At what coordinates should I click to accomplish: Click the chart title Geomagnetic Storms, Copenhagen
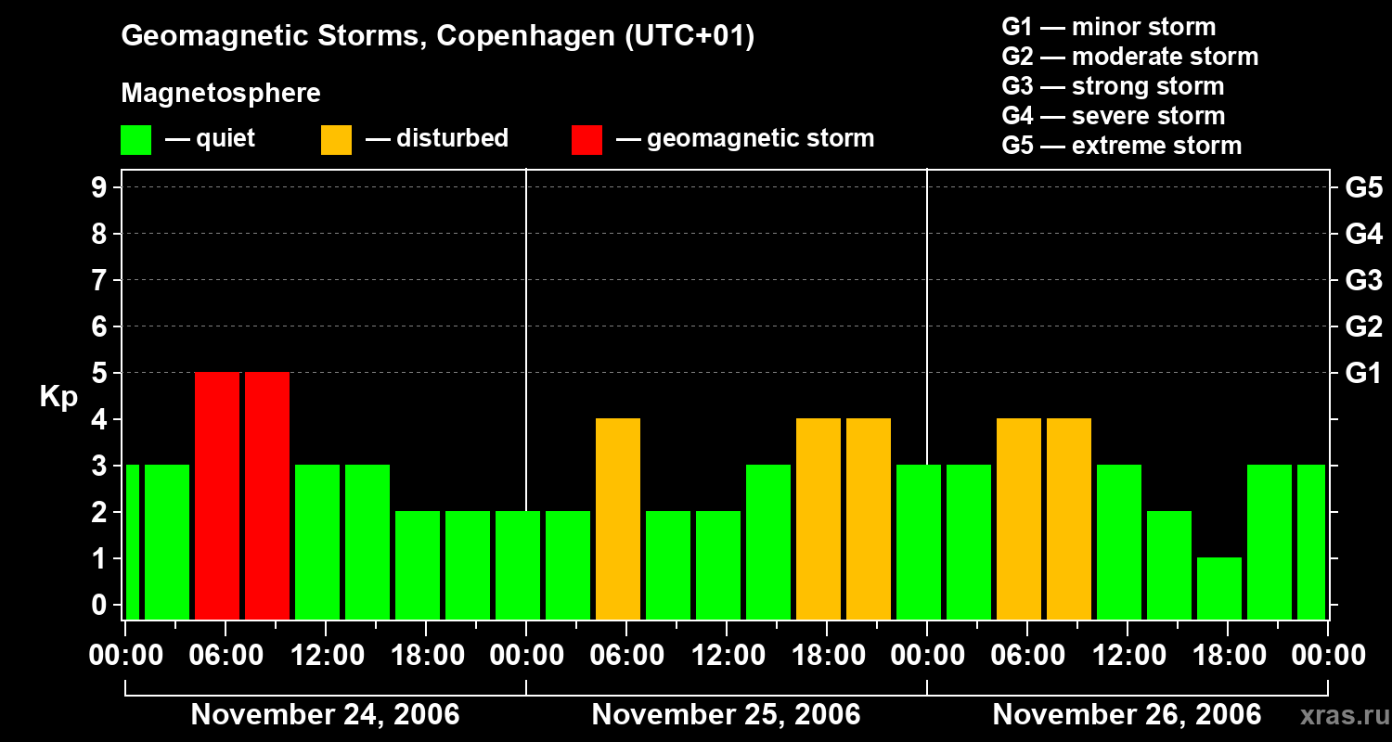pos(437,36)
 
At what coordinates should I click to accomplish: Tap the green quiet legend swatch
pos(135,139)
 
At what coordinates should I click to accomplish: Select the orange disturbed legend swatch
pos(336,139)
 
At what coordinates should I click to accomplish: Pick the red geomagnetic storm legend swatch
pos(586,139)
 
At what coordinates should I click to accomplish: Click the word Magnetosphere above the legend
pos(221,94)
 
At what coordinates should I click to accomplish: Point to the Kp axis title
pos(58,397)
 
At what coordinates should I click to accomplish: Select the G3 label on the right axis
pos(1363,280)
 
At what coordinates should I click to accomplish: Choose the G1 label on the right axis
pos(1363,374)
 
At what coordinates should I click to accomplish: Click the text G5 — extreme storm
pos(1121,146)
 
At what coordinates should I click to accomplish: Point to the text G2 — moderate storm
pos(1129,57)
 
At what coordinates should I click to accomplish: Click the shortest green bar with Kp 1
pos(1218,588)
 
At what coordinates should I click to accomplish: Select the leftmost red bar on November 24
pos(217,495)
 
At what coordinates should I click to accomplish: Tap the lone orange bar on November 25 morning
pos(618,518)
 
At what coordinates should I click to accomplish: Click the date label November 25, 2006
pos(726,715)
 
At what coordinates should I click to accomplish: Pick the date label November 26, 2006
pos(1127,715)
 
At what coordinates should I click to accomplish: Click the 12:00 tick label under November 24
pos(328,656)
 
